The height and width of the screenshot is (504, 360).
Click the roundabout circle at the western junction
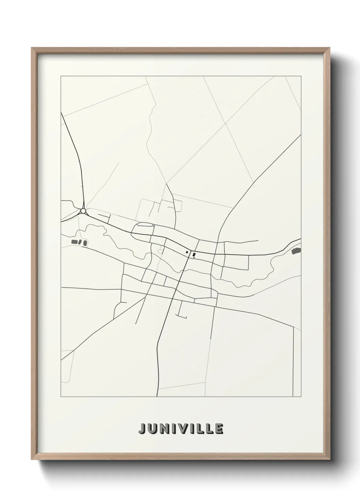click(x=83, y=211)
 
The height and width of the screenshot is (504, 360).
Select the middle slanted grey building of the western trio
click(x=80, y=242)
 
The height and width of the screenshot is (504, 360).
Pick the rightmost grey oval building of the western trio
click(x=85, y=242)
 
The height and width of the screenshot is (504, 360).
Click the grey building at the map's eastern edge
click(x=296, y=251)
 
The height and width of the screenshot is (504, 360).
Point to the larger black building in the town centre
click(x=194, y=254)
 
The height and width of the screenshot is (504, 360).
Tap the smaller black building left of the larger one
click(x=187, y=252)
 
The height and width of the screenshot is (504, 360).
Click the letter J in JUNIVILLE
click(x=142, y=429)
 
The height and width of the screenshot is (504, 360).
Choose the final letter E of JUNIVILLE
click(x=219, y=429)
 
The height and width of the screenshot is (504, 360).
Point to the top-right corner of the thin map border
click(x=301, y=76)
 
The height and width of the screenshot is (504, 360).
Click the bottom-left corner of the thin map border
click(x=61, y=397)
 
